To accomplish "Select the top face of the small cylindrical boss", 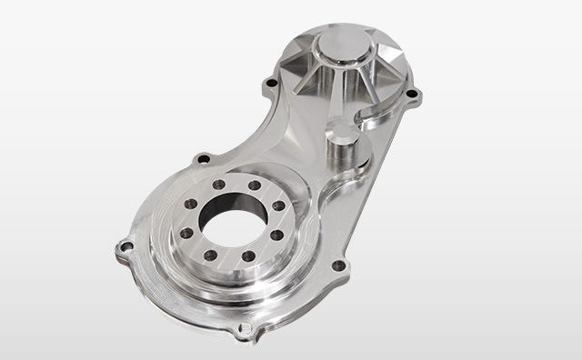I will pyautogui.click(x=342, y=132).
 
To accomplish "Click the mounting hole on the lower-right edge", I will pyautogui.click(x=338, y=266).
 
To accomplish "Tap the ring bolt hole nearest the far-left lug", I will pyautogui.click(x=186, y=233).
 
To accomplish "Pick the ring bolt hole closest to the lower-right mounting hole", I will pyautogui.click(x=276, y=235).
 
